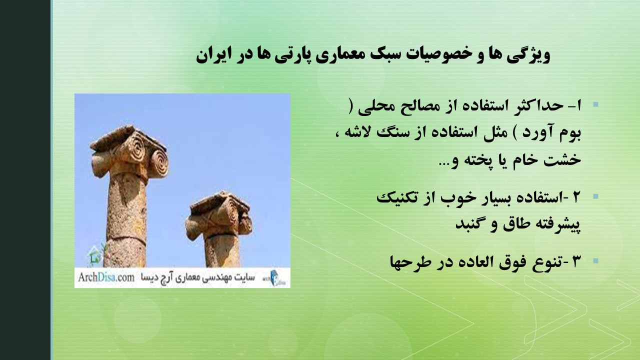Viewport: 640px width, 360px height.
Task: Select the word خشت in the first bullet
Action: [x=563, y=159]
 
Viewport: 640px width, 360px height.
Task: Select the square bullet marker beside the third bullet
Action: [x=595, y=261]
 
